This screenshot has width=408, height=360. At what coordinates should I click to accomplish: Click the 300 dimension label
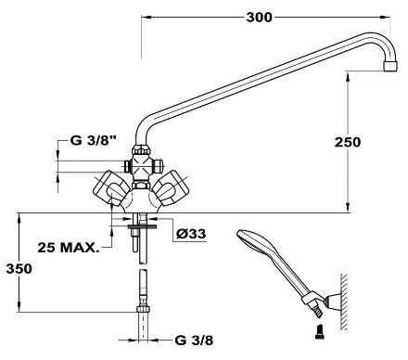(259, 18)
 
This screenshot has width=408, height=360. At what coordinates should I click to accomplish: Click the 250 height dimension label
(348, 142)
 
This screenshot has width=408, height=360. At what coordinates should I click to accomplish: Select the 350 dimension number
(19, 269)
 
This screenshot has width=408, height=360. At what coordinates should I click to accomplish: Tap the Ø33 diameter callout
(191, 234)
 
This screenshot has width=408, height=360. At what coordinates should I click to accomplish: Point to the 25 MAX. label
(69, 247)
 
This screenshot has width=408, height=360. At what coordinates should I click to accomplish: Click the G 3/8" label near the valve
(94, 141)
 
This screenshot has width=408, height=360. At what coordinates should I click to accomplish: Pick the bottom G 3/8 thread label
(194, 341)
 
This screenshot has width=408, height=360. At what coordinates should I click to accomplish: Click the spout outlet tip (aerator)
(390, 66)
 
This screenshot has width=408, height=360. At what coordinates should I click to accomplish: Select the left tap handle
(111, 188)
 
